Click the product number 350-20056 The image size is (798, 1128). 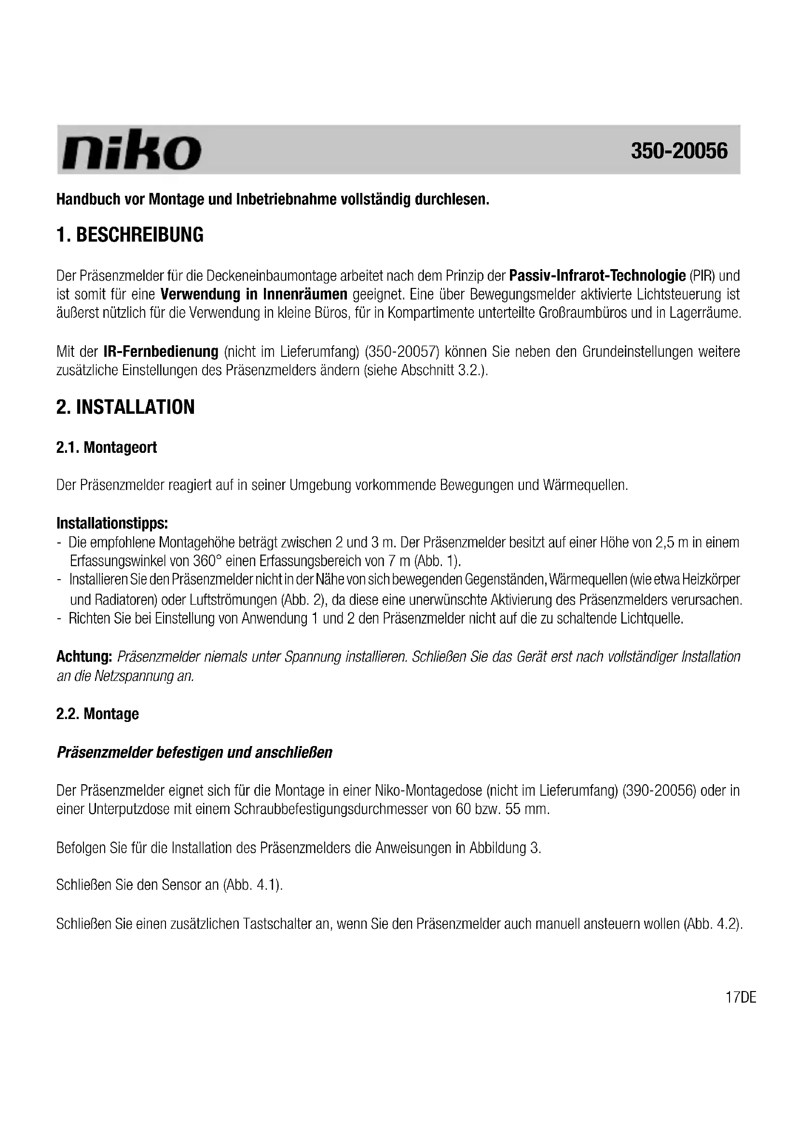(679, 151)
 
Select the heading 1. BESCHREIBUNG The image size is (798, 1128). (130, 235)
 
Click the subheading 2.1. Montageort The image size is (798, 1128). (107, 448)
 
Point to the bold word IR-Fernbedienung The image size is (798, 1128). (161, 352)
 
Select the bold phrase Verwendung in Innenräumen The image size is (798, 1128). (254, 294)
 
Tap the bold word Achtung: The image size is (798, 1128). (85, 656)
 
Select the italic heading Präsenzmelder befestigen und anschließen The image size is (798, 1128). (194, 752)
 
